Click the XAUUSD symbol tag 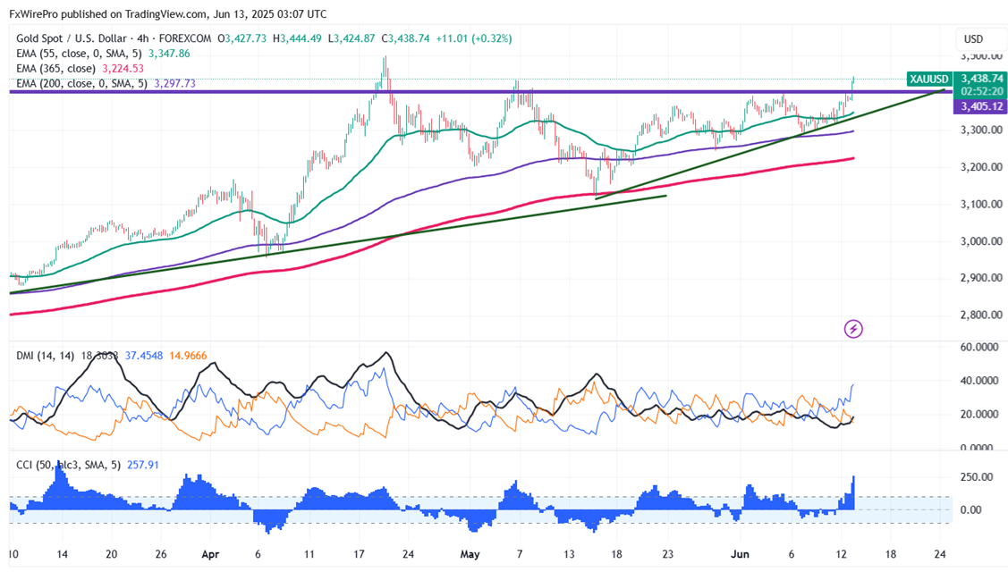coord(928,79)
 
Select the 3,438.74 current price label coord(982,79)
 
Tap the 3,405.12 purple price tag coord(982,107)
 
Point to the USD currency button coord(973,39)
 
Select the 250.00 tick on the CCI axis coord(976,477)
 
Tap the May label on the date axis coord(470,554)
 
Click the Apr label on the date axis coord(211,554)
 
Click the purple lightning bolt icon coord(853,329)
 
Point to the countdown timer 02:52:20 coord(982,91)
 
